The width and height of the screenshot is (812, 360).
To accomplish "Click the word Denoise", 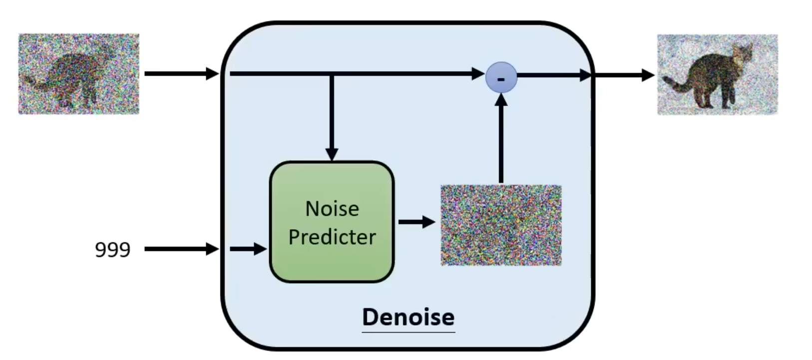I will pos(408,317).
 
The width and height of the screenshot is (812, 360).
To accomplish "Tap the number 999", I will pos(112,249).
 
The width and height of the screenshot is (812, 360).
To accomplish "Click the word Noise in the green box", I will pos(332,209).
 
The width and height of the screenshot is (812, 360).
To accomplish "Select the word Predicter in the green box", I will pos(332,237).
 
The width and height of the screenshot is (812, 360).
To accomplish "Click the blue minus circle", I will pos(501,77).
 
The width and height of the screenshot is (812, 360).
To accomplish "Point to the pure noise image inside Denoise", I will pos(501,225).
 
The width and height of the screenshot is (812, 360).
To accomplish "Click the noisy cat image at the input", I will pos(79,74).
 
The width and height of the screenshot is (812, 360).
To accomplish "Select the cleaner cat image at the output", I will pos(717,75).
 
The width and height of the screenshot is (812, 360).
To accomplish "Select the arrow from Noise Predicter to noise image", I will pos(416,221).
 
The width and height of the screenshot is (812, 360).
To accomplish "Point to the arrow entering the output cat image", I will pos(624,75).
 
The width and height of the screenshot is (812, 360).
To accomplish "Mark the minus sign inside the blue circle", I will pos(501,78).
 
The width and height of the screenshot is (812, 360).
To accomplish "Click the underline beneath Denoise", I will pos(408,332).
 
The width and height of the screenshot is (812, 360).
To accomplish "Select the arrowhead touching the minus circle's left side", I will pos(478,74).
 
